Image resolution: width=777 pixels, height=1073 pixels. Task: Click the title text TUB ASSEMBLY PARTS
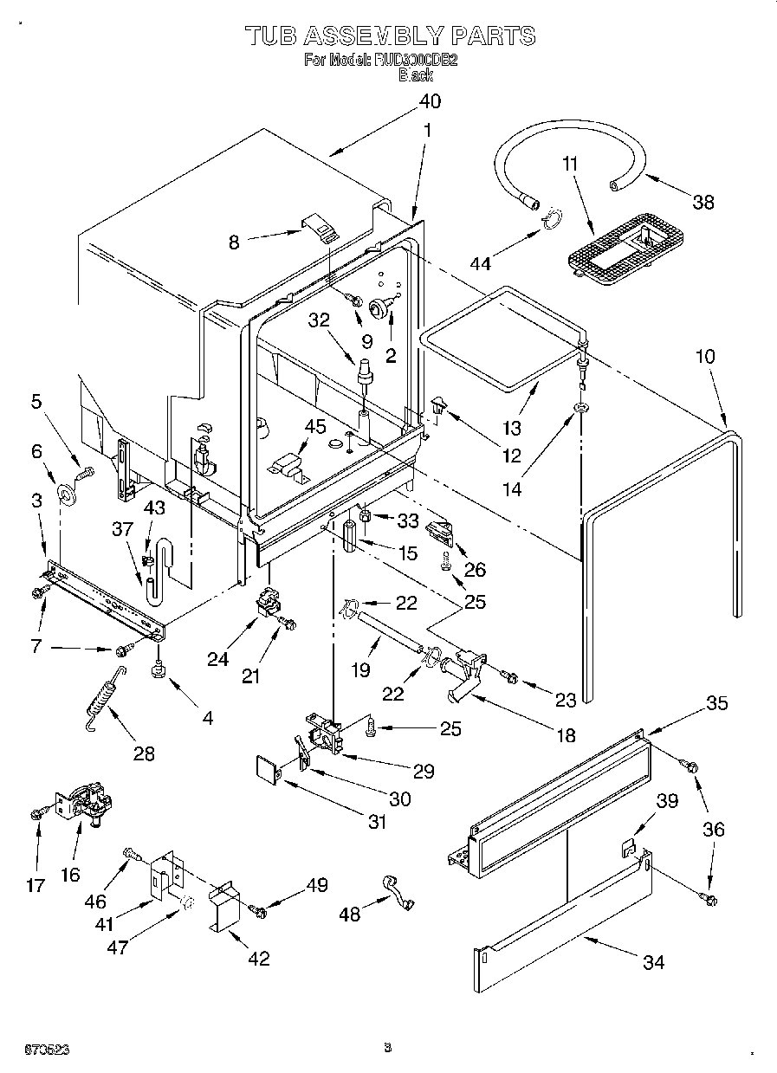(x=389, y=36)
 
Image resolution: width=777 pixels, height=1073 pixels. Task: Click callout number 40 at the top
(x=430, y=101)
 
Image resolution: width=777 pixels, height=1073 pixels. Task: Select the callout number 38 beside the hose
(x=703, y=202)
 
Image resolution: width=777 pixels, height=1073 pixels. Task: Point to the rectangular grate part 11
(x=621, y=243)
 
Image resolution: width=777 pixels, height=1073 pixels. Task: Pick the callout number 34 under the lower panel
(x=654, y=961)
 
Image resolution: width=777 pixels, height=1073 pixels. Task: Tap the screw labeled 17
(x=38, y=813)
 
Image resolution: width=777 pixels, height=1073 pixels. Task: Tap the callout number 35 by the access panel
(x=716, y=702)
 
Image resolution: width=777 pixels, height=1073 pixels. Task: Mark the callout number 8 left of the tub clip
(x=234, y=243)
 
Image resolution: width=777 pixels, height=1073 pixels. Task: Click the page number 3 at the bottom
(x=387, y=1049)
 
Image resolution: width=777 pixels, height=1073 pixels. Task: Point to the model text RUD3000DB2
(x=415, y=61)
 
